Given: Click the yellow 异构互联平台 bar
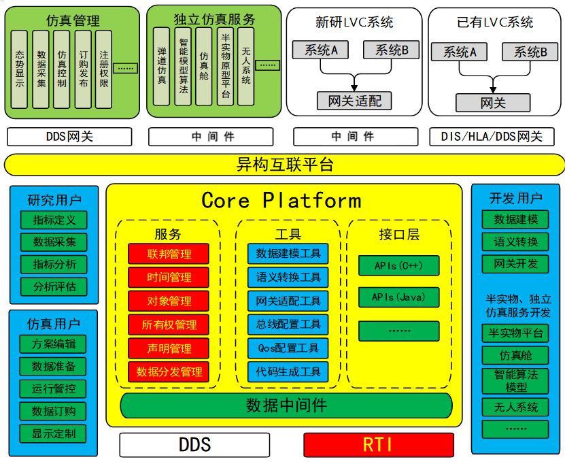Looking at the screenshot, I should (x=284, y=165).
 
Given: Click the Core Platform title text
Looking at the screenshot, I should (x=281, y=201).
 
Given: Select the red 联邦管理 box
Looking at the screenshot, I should (x=169, y=254).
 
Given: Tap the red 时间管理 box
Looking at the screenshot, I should (x=169, y=278).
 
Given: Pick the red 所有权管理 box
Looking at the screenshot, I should (x=169, y=325).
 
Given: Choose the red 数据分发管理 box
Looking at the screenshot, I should (x=169, y=372).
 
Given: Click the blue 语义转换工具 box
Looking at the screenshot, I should (x=288, y=278).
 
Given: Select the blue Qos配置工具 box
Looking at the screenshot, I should (x=288, y=348).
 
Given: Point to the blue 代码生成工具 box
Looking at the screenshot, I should (x=288, y=372).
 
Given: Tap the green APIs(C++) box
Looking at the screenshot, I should (x=398, y=265).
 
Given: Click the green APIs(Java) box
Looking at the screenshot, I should (x=398, y=297).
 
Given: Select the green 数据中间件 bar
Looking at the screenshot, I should (x=286, y=405).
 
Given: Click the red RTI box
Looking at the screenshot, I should (x=378, y=445).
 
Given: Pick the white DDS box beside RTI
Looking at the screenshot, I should (x=194, y=445).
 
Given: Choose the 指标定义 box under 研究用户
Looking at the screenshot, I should (x=54, y=220).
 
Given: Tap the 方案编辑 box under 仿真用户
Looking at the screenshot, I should (x=54, y=344).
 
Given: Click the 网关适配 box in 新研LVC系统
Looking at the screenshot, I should (x=354, y=101).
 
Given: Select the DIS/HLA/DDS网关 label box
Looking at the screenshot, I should (x=492, y=137).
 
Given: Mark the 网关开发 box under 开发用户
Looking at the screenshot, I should (x=515, y=264).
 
